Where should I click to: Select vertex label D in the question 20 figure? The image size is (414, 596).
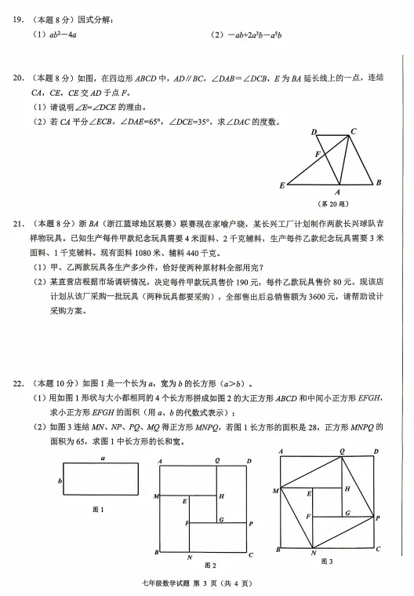314,133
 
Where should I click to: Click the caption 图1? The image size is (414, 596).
99,510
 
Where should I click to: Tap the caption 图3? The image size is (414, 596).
326,561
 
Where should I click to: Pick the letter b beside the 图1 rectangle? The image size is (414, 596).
60,481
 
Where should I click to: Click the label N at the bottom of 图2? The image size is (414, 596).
190,557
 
